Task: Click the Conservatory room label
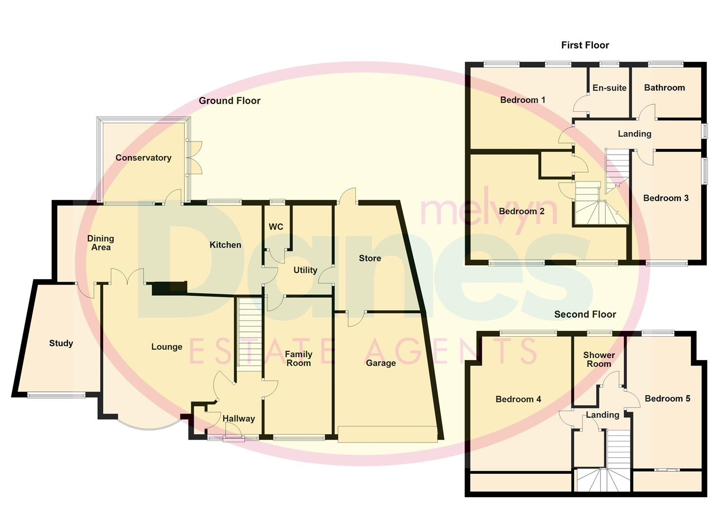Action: click(x=143, y=158)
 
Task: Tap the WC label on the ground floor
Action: click(x=276, y=227)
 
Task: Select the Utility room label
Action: click(x=305, y=270)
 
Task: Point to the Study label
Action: click(x=61, y=343)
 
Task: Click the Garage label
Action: click(x=381, y=363)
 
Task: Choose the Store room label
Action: click(x=370, y=258)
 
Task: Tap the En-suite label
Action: click(x=609, y=88)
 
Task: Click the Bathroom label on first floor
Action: click(x=664, y=88)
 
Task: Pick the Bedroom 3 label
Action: click(x=665, y=198)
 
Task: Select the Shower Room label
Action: click(x=599, y=359)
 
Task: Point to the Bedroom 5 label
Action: click(x=667, y=399)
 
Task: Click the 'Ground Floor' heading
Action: click(x=229, y=101)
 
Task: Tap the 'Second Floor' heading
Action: click(x=585, y=314)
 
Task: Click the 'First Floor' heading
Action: click(x=585, y=45)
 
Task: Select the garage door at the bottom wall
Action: click(x=387, y=434)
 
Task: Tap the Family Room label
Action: click(x=298, y=359)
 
